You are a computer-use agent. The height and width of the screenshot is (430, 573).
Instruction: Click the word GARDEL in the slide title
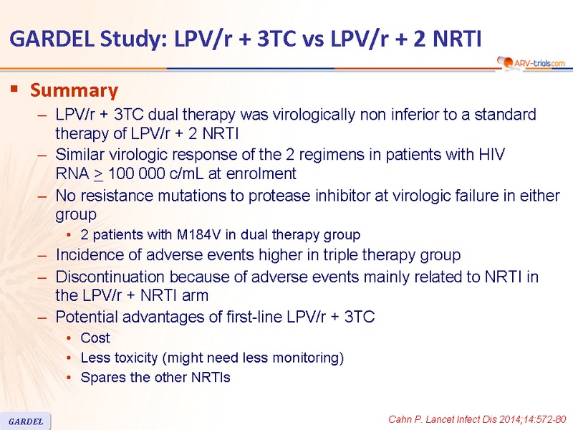[x=52, y=39]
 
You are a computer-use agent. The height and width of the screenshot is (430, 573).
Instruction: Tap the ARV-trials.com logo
[x=531, y=63]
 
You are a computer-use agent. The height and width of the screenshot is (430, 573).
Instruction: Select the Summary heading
[x=74, y=90]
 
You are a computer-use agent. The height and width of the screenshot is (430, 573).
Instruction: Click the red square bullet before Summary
[x=14, y=88]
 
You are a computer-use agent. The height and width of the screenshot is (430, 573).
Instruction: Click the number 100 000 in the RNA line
[x=136, y=173]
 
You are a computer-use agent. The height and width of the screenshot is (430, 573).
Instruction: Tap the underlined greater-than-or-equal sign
[x=99, y=174]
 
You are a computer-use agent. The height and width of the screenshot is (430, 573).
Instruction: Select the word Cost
[x=95, y=338]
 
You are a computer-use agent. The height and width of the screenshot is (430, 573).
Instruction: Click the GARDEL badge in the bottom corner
[x=26, y=421]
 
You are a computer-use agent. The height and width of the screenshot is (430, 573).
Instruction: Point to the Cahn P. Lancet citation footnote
[x=477, y=419]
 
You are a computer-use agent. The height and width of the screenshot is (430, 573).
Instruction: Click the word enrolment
[x=261, y=173]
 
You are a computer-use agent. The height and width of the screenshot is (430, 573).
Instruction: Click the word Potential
[x=87, y=317]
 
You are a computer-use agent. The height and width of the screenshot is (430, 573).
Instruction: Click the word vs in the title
[x=313, y=39]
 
